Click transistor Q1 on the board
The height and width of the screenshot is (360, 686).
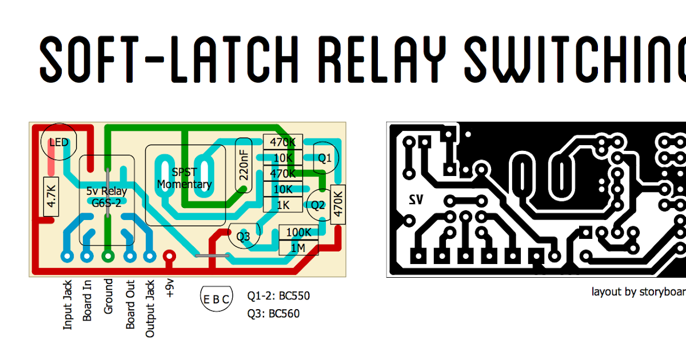324,157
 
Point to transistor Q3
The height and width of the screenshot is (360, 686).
244,237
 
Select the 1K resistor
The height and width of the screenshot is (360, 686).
283,205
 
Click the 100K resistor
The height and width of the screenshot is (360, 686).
299,233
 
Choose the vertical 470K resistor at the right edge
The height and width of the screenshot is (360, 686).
337,204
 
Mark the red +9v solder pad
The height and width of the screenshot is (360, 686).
169,256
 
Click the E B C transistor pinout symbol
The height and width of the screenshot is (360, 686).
217,298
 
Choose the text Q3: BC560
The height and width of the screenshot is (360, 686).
273,313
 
